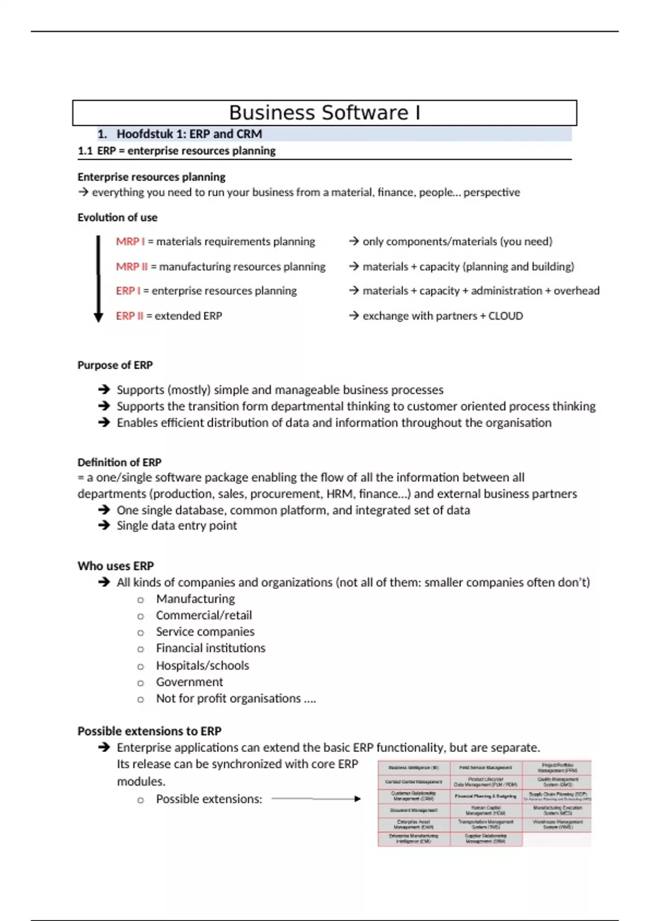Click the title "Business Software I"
pos(324,113)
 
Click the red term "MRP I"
pos(130,242)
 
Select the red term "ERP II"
pos(129,316)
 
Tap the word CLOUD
pos(505,316)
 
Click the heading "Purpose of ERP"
pos(115,365)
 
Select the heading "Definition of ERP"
pos(119,462)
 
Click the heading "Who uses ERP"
pos(115,566)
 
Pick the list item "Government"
pos(189,682)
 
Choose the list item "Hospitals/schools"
pos(202,665)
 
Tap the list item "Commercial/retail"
pos(204,615)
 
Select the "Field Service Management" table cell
pos(486,768)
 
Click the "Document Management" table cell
pos(414,810)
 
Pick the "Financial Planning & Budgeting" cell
pos(486,796)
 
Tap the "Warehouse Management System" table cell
pos(557,825)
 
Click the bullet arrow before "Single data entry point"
pos(104,526)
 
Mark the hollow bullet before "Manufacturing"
pos(141,600)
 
